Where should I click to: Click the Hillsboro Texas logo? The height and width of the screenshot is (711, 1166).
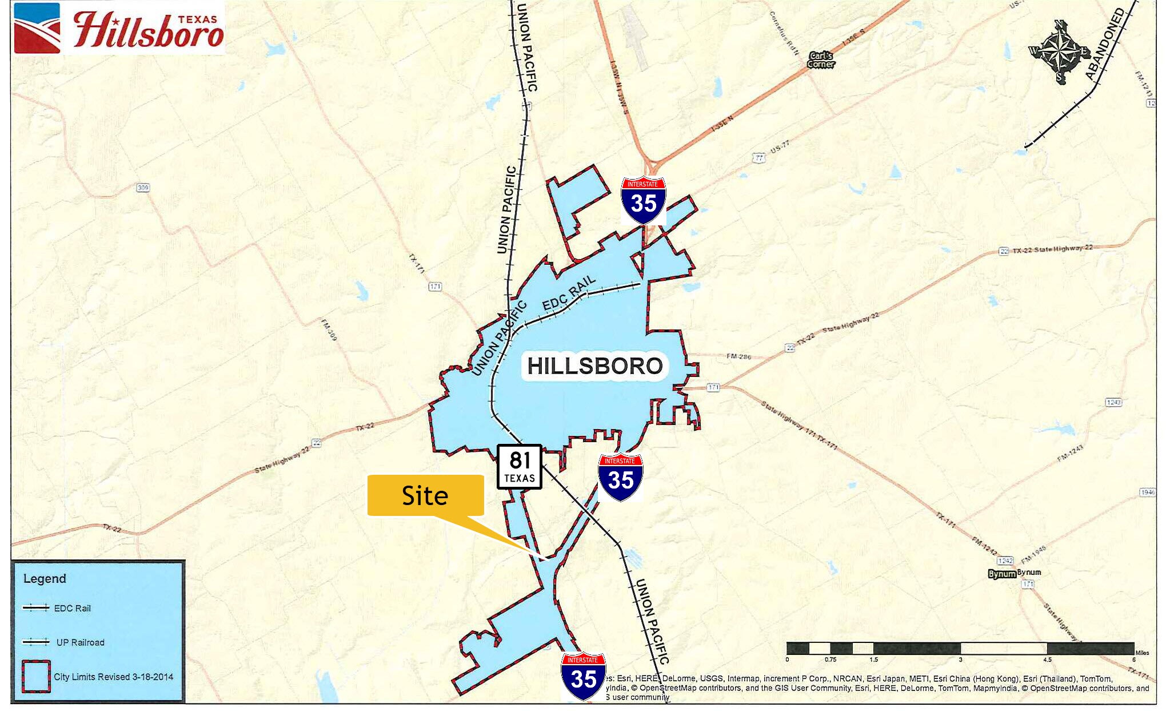pos(119,29)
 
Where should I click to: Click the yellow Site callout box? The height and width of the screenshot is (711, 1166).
pos(425,495)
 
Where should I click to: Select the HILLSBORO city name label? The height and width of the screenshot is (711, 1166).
pos(594,366)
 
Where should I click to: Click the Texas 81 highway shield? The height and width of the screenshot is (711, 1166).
pos(519,467)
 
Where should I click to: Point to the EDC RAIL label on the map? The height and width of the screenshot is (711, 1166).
pos(569,293)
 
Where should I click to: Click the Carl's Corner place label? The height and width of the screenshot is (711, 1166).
pos(821,59)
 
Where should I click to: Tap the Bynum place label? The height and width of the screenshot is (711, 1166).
pos(1002,574)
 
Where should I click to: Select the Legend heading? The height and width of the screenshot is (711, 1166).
pos(45,578)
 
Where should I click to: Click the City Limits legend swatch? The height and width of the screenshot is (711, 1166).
pos(36,677)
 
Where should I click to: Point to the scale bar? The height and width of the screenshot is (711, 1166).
pos(960,648)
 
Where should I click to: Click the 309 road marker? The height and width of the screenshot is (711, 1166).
pos(143,188)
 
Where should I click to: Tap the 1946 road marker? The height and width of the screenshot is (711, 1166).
pos(1147,492)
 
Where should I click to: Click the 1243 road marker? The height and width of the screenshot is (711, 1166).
pos(1113,402)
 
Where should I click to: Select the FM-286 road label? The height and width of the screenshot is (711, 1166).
pos(739,356)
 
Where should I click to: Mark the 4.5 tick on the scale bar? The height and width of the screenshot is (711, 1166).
pos(1047,660)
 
